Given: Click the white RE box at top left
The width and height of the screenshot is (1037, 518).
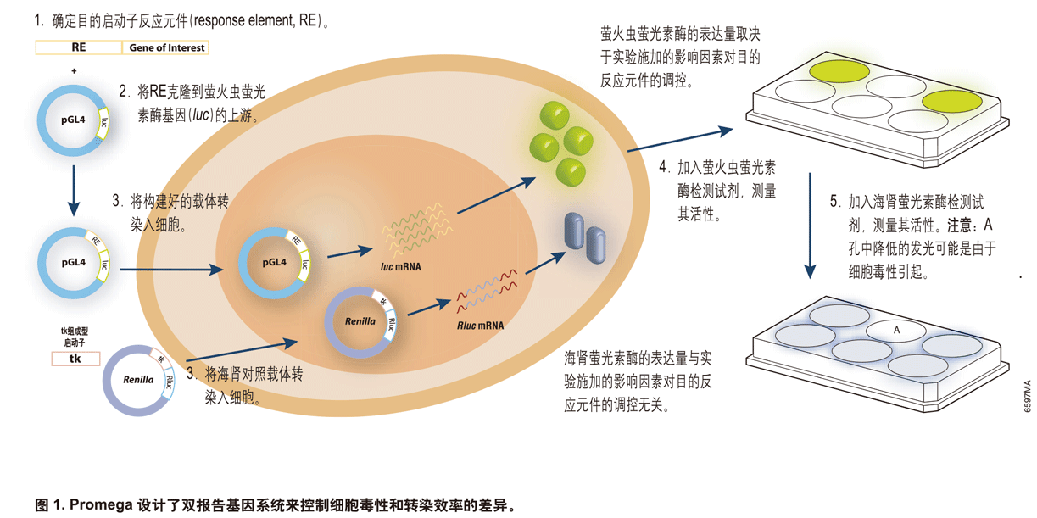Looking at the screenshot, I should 78,48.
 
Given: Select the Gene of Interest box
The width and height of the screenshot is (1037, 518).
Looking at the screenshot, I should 166,48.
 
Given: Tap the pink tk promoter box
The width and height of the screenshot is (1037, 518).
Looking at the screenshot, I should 75,359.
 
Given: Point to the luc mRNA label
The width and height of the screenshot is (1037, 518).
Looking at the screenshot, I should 400,266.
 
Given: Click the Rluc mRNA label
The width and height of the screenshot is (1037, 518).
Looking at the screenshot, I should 480,325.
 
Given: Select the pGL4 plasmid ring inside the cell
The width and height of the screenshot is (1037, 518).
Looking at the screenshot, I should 274,263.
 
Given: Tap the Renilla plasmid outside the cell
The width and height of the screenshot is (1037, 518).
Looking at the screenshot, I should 137,379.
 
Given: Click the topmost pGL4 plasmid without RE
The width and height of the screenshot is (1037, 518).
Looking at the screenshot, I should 73,120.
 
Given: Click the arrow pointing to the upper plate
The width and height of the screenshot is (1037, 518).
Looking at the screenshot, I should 679,140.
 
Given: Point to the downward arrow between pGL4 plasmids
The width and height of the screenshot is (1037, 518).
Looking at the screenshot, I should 73,190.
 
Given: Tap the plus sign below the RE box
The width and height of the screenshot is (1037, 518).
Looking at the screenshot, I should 74,71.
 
